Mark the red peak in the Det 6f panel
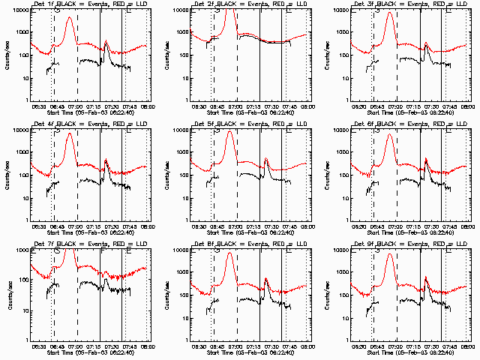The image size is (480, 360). (x=388, y=136)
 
